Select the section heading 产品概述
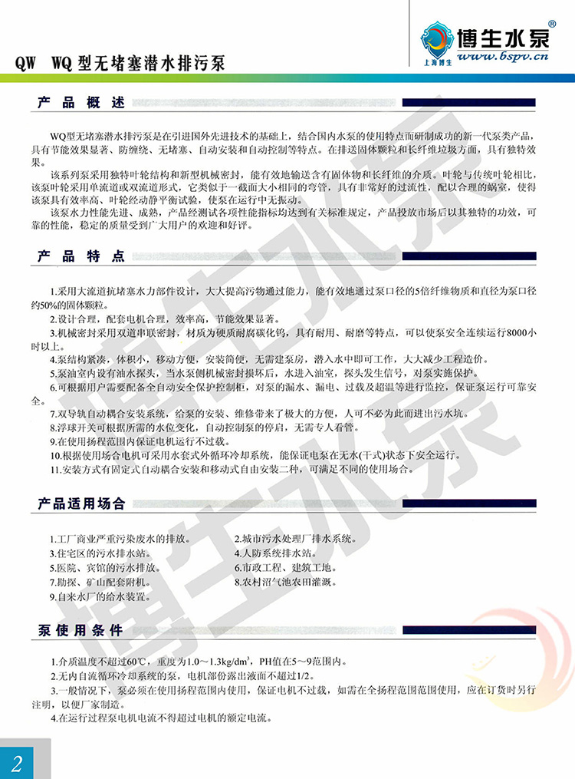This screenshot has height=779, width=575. pos(80,102)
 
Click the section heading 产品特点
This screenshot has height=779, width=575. pos(80,256)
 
